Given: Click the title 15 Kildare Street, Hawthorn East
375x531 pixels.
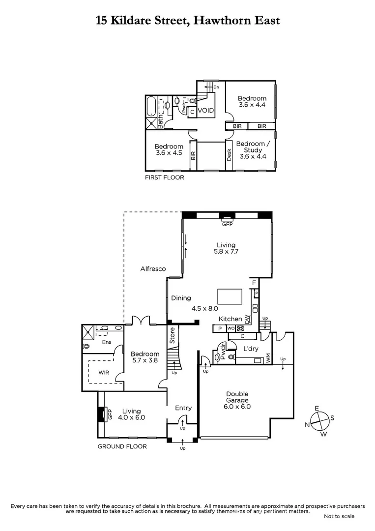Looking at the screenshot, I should tap(187, 20).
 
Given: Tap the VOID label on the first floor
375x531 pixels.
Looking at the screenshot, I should tap(205, 111).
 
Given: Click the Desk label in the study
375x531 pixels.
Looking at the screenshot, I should tap(229, 155).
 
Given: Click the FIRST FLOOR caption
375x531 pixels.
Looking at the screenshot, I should tap(164, 177).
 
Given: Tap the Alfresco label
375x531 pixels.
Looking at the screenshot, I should tap(153, 269).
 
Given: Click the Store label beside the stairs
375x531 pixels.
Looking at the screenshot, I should tap(172, 335).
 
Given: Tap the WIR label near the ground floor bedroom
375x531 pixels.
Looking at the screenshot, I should tap(104, 373).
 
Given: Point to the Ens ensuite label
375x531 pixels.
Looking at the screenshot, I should tap(106, 342).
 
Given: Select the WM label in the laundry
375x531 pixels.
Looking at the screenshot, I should tap(268, 359).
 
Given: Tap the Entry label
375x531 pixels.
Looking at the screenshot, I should tap(183, 408).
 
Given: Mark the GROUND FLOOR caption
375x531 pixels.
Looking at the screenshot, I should tap(122, 446).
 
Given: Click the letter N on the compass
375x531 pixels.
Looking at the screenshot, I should tap(307, 424).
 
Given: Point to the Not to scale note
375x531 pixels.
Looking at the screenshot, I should tap(339, 516).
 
